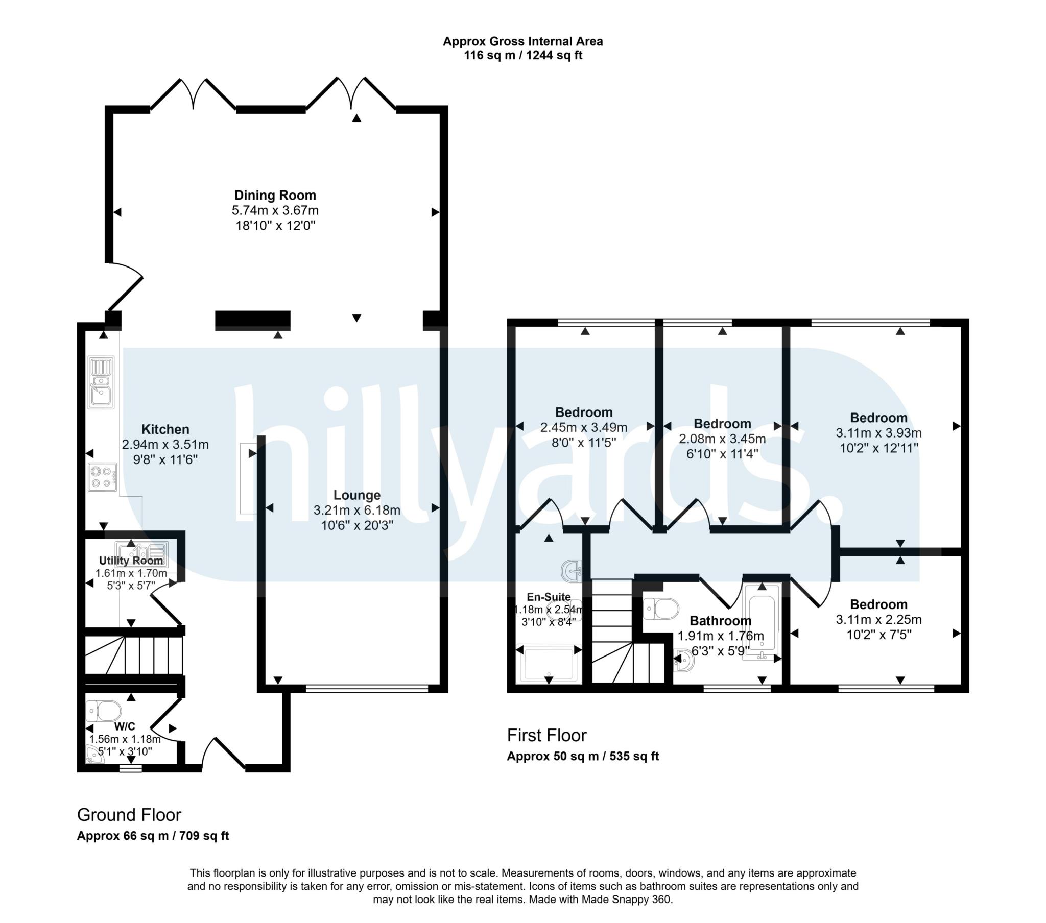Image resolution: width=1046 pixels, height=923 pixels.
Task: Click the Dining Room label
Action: coord(275,195)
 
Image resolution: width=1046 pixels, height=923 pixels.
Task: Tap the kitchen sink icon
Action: coord(101,382)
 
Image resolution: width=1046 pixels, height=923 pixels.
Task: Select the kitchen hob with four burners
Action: coord(102,477)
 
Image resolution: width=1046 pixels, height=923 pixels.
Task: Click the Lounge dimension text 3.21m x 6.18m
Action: coord(356,510)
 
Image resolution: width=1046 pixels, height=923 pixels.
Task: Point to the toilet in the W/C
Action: coord(104,711)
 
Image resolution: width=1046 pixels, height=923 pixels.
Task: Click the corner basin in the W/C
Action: coord(93,756)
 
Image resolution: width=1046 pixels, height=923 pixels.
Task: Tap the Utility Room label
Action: coord(131,560)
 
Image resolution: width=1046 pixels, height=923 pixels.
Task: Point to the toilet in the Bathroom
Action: coord(661,609)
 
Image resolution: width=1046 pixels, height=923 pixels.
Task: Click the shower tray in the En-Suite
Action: coord(549,664)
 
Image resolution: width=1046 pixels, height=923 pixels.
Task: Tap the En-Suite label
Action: coord(549,597)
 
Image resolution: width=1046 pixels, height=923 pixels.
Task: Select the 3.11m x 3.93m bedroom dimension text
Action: coord(878,433)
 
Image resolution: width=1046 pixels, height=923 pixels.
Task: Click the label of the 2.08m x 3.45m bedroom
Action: coord(722,424)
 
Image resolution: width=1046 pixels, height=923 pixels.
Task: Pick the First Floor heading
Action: coord(546,735)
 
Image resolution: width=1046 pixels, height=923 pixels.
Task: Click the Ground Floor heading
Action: coord(129,815)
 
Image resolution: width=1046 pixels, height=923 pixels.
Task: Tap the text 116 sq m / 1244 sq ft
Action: coord(522,55)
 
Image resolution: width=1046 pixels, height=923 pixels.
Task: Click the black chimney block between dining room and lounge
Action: coord(253,320)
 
